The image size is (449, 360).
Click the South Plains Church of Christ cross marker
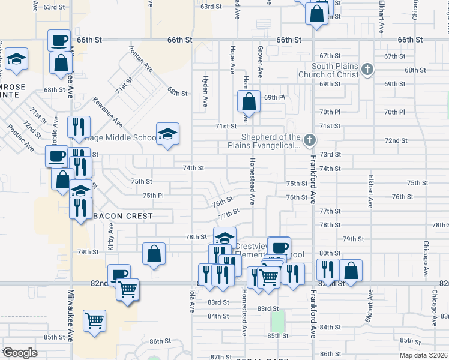(368, 70)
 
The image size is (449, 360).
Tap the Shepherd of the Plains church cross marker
(309, 141)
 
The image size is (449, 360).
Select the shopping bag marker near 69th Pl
(249, 102)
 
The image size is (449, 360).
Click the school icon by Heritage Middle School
(168, 134)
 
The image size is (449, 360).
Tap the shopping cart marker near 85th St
(95, 321)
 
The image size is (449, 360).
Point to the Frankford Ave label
(313, 180)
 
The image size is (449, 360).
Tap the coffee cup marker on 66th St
(59, 41)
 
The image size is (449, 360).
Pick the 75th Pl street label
(153, 196)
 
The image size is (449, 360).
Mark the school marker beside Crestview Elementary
(224, 238)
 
